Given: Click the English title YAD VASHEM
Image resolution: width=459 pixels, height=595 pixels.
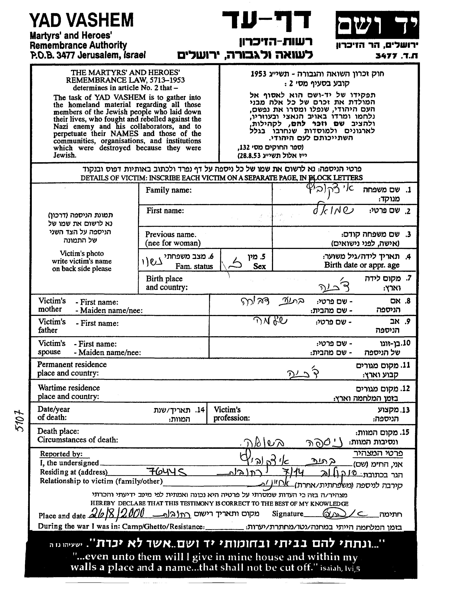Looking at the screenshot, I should (x=81, y=20).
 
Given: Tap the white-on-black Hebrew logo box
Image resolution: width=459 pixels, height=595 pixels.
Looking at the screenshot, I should (x=377, y=25).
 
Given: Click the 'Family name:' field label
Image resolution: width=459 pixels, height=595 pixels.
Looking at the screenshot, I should (x=169, y=190).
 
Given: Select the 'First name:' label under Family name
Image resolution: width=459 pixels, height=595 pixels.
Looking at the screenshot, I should (x=165, y=211).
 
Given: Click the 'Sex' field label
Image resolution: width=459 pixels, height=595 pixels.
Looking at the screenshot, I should (x=259, y=266).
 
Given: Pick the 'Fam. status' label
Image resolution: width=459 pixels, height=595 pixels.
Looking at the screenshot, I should (x=194, y=266).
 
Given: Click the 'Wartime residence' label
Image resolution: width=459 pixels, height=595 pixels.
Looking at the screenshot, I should (x=69, y=388).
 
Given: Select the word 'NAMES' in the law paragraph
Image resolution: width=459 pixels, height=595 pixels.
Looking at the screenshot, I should (x=124, y=133).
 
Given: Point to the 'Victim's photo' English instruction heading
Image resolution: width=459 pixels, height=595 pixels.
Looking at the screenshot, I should (x=82, y=253).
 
